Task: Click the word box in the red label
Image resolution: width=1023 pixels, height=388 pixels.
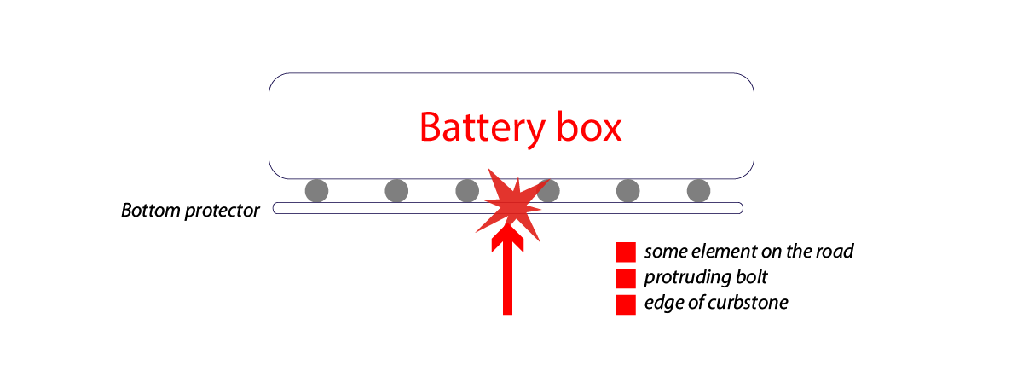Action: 587,128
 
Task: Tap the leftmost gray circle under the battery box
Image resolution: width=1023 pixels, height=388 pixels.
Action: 316,191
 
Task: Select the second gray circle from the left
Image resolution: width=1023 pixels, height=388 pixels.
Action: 396,191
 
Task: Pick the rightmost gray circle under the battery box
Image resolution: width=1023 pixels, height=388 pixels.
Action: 698,191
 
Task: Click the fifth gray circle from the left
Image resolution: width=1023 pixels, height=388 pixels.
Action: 628,191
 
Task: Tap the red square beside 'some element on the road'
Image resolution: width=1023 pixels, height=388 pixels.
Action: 626,252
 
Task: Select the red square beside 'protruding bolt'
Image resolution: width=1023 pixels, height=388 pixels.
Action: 626,278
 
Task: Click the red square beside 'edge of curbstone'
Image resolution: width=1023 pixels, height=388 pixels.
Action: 626,304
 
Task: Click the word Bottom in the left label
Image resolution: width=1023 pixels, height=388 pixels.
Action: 151,211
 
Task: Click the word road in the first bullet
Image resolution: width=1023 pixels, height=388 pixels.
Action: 835,252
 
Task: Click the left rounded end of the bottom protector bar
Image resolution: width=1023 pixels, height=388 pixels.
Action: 277,208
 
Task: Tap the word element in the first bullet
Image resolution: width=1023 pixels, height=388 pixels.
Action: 716,252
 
